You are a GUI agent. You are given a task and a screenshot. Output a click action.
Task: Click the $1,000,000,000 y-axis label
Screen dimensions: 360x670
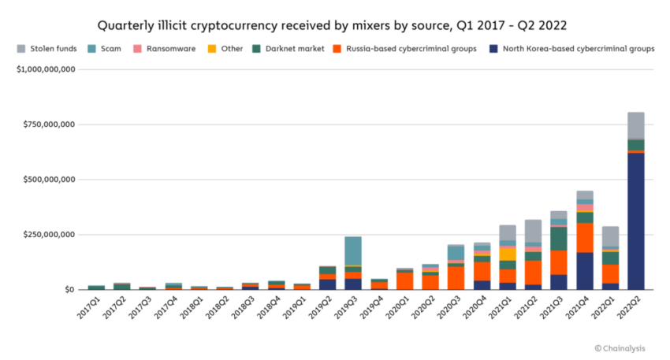46,69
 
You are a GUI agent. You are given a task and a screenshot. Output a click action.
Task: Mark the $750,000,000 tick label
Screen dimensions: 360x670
49,124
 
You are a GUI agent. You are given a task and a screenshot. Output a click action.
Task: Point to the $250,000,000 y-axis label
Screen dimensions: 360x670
49,235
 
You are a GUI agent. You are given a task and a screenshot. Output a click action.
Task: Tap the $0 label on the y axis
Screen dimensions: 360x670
69,290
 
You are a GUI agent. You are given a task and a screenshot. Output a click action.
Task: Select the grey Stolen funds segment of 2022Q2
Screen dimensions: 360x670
635,125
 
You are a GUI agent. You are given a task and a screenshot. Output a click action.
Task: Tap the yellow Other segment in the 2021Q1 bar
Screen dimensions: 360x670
507,254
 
